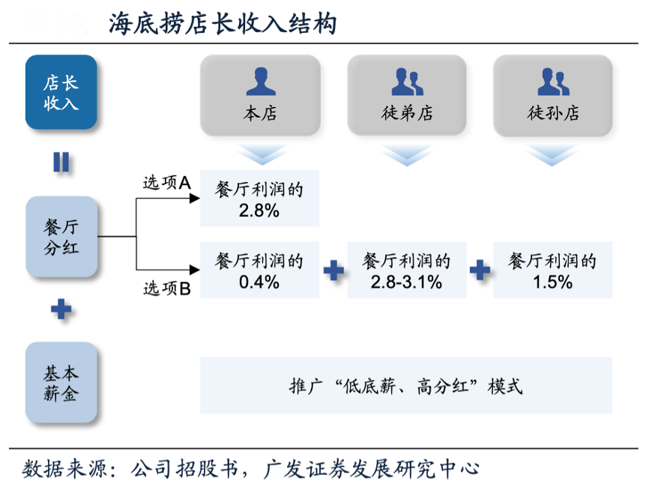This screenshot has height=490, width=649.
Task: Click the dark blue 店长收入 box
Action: tap(61, 92)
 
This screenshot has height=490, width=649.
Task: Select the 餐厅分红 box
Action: tap(61, 237)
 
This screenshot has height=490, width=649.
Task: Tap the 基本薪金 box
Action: tap(61, 382)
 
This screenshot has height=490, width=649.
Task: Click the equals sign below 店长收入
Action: tap(61, 162)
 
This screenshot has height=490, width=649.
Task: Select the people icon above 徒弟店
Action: tap(407, 80)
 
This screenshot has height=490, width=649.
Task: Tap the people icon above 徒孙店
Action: tap(553, 80)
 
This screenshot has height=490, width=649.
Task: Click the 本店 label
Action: tap(260, 114)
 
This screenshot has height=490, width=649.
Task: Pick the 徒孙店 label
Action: tap(553, 114)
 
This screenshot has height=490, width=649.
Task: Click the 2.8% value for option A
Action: tap(259, 211)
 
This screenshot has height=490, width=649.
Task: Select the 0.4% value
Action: tap(259, 282)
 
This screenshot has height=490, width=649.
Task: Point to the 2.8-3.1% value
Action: tap(406, 282)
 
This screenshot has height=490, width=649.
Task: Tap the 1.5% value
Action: tap(553, 282)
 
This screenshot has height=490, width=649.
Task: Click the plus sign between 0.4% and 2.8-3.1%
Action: tap(333, 270)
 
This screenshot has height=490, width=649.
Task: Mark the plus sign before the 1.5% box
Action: tap(480, 270)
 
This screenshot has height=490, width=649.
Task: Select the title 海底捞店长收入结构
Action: tap(223, 24)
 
